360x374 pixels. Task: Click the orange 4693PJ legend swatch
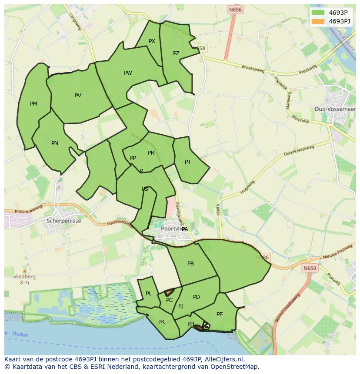(318, 21)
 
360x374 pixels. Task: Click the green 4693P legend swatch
(318, 13)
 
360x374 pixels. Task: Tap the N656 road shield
(235, 9)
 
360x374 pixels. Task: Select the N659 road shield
(310, 268)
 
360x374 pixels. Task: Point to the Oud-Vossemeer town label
(335, 109)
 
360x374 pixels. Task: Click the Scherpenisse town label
(63, 220)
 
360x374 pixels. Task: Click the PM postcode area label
(33, 104)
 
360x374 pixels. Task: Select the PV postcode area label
(78, 96)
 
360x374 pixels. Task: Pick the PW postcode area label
(128, 73)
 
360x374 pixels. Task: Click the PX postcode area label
(152, 41)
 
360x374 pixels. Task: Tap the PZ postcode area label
(176, 53)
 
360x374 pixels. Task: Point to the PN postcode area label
(55, 143)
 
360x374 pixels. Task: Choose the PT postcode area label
(188, 162)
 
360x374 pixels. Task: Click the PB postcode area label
(190, 264)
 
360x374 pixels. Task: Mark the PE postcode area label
(220, 314)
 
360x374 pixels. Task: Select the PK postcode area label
(161, 322)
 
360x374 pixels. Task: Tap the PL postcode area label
(149, 294)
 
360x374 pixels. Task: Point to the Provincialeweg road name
(27, 212)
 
